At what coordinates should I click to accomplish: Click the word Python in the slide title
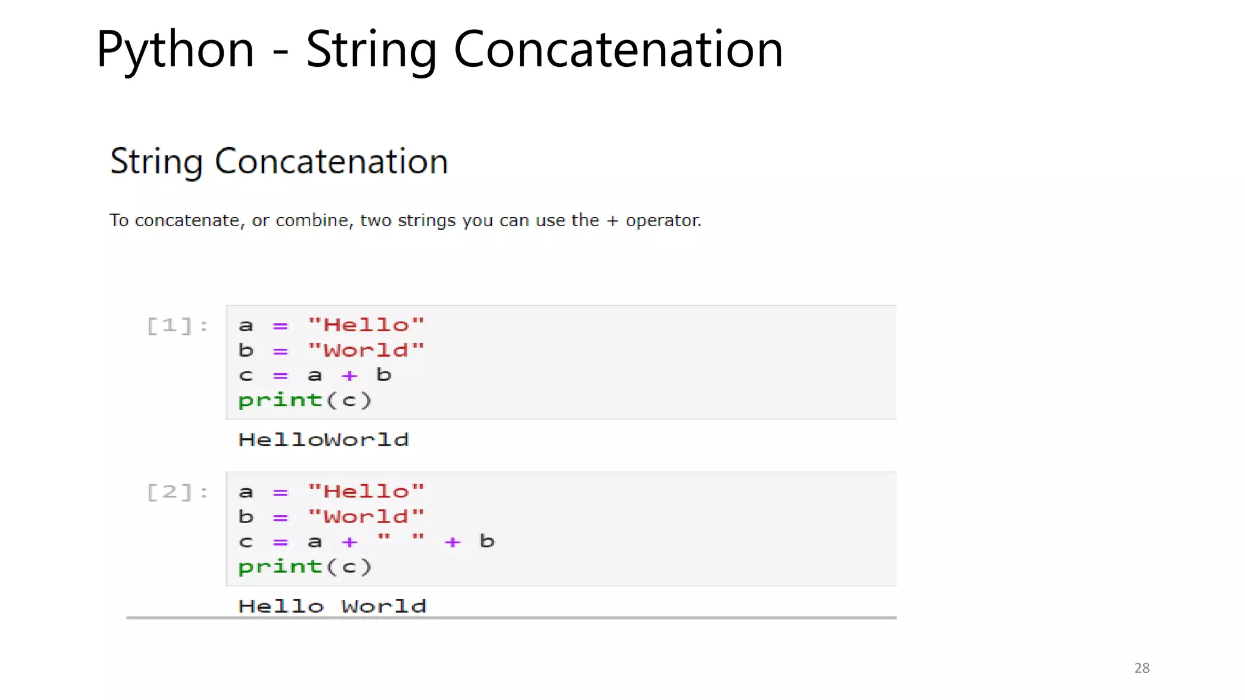pos(175,50)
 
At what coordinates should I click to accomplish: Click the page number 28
pos(1142,668)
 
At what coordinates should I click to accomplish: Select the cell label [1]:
pos(178,326)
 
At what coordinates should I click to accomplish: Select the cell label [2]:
pos(178,492)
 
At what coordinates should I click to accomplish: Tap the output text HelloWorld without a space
pos(323,439)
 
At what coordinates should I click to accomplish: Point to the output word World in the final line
pos(384,606)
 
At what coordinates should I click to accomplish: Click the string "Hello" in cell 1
pos(366,325)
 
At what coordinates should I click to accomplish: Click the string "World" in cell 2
pos(366,516)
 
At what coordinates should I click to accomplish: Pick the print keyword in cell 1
pos(280,400)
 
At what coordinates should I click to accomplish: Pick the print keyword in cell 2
pos(280,567)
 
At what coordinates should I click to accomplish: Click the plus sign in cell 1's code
pos(349,376)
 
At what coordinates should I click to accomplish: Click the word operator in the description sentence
pos(663,221)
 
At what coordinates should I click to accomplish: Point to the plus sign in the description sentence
pos(612,221)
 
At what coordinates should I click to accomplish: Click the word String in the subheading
pos(156,162)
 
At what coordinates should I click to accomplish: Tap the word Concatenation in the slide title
pos(618,50)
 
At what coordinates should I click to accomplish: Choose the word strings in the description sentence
pos(427,221)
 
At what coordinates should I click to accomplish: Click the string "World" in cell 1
pos(366,350)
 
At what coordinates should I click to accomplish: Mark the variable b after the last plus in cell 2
pos(487,541)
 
